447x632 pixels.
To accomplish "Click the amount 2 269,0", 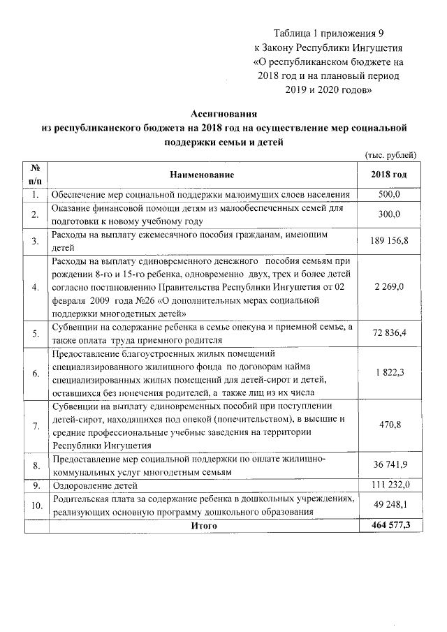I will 389,286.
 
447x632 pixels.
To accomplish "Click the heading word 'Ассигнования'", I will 224,114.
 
